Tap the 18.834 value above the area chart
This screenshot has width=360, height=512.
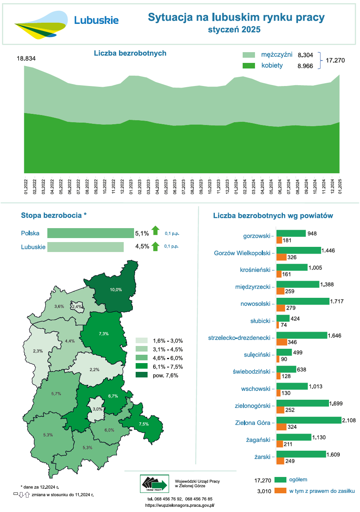tap(26, 59)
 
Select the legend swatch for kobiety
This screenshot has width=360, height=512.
tap(249, 66)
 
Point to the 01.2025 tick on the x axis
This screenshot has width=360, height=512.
tap(340, 186)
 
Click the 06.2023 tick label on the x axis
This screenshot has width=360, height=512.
tap(175, 186)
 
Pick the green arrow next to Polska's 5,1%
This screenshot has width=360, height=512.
tap(156, 230)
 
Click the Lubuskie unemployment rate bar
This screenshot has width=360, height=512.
tap(86, 247)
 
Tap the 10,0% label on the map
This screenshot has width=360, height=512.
tap(116, 289)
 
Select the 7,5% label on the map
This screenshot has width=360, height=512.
tap(144, 424)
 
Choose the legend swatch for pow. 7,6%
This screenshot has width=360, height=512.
tap(142, 375)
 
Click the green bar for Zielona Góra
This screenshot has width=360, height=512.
tap(309, 420)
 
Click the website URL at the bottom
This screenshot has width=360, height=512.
tap(180, 505)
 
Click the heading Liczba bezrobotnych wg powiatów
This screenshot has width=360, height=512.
tap(273, 216)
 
